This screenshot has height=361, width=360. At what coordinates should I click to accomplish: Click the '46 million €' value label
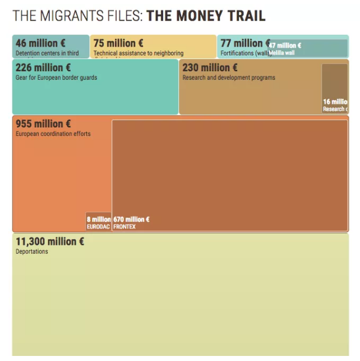(36, 43)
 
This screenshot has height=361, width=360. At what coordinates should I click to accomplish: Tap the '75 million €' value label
(118, 43)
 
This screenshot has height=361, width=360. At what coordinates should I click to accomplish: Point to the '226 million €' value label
(39, 68)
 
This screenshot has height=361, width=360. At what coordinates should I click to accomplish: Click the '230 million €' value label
(210, 68)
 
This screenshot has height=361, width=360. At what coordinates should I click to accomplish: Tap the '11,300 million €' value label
(49, 241)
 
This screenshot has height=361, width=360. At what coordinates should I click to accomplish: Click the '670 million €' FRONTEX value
(131, 220)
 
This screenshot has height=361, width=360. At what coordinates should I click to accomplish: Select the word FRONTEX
(124, 227)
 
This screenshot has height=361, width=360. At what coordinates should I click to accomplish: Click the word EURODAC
(98, 227)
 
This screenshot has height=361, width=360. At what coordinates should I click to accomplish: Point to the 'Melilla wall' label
(281, 53)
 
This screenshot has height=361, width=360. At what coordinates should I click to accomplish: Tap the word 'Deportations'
(32, 252)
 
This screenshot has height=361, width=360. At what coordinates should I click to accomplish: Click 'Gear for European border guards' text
(56, 77)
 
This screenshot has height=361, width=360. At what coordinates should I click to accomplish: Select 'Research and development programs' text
(229, 77)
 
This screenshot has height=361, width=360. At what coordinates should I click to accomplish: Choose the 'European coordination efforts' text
(53, 134)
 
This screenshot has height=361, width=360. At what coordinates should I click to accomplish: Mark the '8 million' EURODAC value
(99, 220)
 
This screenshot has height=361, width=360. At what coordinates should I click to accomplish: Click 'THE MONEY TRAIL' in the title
(206, 15)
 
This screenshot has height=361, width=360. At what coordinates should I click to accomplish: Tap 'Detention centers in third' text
(47, 53)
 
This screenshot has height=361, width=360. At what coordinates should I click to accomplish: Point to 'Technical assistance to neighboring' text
(139, 53)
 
